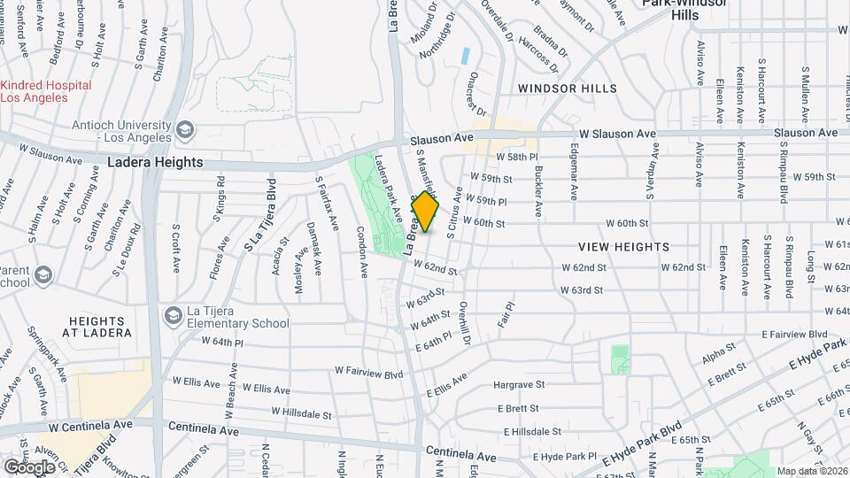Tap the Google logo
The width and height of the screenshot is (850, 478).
(29, 466)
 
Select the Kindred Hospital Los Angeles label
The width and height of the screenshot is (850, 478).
(45, 91)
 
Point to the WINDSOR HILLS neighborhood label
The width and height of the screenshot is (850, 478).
(568, 89)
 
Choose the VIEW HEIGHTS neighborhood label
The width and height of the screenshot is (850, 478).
(624, 247)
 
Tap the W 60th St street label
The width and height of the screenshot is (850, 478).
(483, 224)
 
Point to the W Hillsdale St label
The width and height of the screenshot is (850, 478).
(301, 412)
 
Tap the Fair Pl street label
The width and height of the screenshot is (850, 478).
(506, 317)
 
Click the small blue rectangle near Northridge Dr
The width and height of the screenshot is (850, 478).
(465, 55)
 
